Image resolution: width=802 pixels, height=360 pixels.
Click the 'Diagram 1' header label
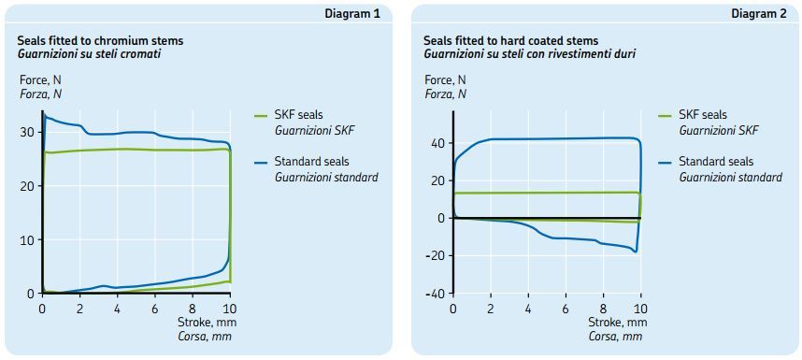352,14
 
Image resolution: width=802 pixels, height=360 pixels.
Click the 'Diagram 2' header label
758,14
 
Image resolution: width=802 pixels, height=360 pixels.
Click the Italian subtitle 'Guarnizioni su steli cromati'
90,54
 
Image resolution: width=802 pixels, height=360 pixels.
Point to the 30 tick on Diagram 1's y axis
27,132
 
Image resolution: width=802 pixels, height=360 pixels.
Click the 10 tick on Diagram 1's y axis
27,239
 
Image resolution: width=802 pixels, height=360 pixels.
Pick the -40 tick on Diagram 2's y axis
435,294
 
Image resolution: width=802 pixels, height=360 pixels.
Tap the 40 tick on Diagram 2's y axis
437,143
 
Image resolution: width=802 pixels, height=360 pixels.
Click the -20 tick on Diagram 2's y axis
435,255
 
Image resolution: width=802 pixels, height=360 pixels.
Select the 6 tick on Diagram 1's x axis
155,309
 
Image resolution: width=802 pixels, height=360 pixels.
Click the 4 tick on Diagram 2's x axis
528,309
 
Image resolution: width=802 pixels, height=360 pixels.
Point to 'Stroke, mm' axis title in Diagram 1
203,323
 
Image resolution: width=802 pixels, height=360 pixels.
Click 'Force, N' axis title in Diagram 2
445,80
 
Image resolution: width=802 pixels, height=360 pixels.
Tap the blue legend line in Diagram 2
665,162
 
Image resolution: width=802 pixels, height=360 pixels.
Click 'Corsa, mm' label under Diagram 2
615,336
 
